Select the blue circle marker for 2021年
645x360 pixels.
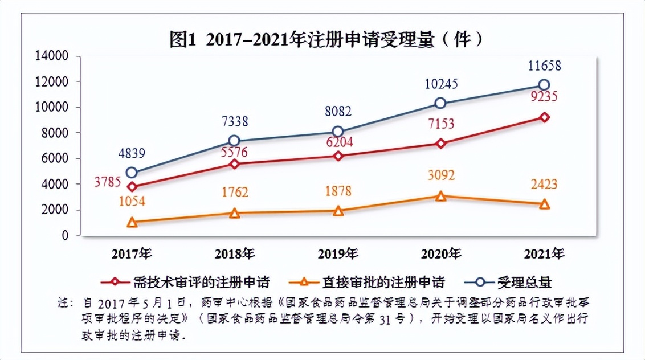pos(544,85)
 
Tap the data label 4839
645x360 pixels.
pos(131,154)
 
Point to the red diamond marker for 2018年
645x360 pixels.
pos(234,164)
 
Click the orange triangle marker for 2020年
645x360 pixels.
pos(440,196)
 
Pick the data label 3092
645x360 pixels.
pos(440,175)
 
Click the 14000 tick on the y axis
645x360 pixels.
pos(52,56)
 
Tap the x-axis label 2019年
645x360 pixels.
pos(338,253)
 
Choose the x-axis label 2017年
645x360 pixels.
pos(132,253)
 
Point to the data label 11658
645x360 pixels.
pos(544,66)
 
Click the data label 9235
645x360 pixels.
pos(544,97)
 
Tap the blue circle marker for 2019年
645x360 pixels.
pos(338,132)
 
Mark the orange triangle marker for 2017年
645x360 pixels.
pos(132,222)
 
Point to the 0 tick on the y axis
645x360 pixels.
pos(64,235)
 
